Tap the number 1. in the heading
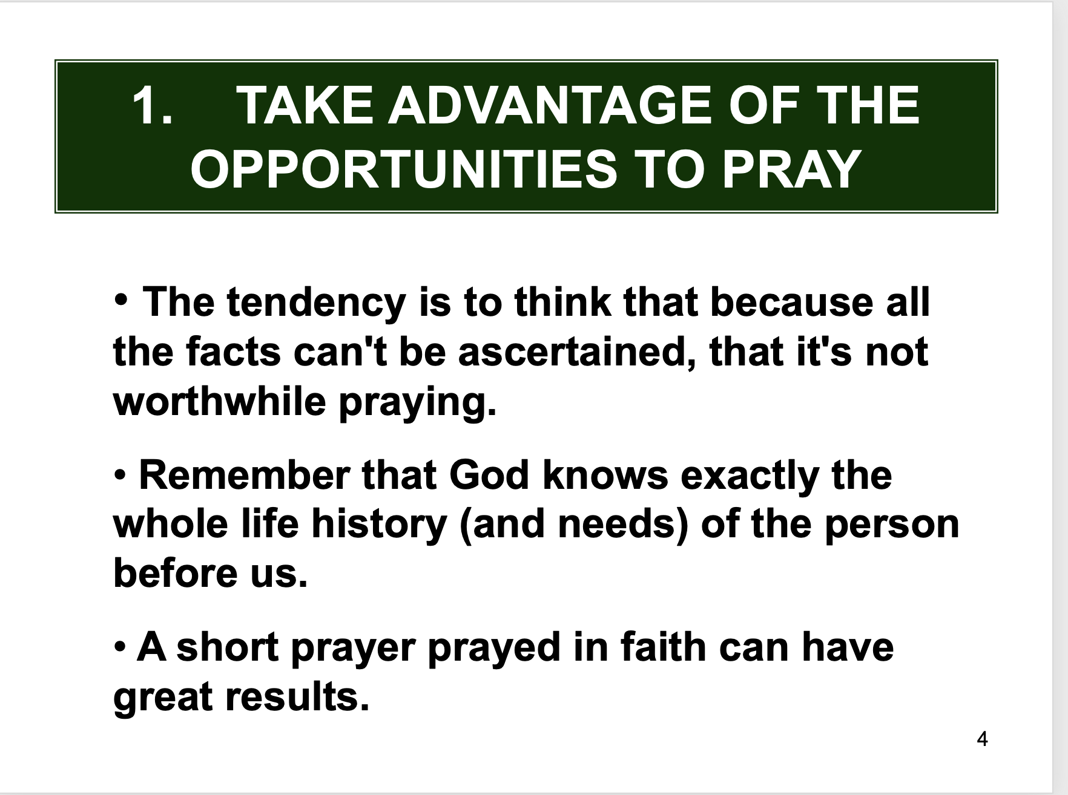tap(152, 105)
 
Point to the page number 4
tap(983, 739)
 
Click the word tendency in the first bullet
tap(315, 303)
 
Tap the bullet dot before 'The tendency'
tap(121, 299)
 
